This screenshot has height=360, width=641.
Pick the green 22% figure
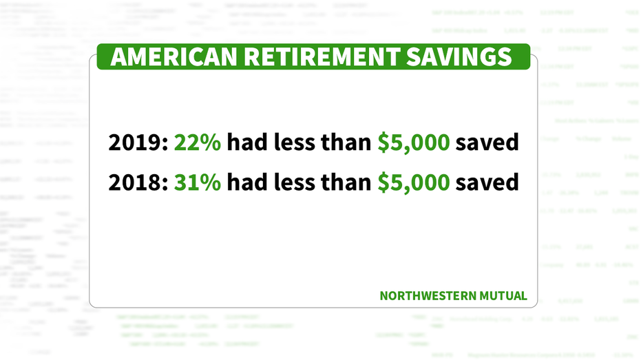(x=198, y=142)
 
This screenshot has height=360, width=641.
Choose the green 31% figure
(x=198, y=182)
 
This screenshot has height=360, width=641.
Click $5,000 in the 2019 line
(x=414, y=142)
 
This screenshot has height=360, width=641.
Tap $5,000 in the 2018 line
(x=414, y=182)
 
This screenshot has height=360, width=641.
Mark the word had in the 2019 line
(x=246, y=142)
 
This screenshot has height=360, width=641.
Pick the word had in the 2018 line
(x=246, y=182)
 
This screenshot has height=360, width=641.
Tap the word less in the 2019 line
(x=292, y=142)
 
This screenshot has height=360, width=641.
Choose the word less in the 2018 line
(x=292, y=182)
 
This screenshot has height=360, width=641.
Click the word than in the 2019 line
(x=346, y=142)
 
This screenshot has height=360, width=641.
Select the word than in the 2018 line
(x=346, y=182)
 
